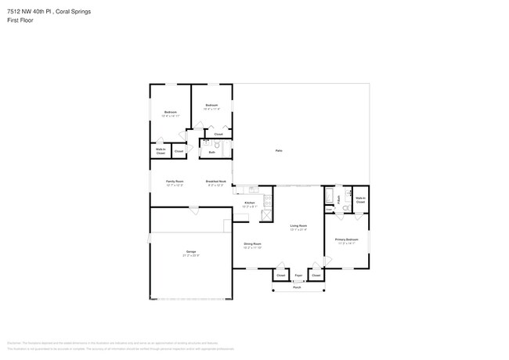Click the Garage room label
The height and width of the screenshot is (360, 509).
[191, 251]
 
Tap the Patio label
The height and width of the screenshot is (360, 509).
[279, 150]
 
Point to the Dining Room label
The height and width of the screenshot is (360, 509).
[252, 243]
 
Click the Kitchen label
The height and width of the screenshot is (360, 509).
[250, 203]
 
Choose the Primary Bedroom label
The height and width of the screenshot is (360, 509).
[347, 239]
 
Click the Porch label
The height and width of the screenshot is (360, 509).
[298, 287]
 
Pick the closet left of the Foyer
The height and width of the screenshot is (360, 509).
[280, 275]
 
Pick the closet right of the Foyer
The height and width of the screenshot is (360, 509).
[316, 275]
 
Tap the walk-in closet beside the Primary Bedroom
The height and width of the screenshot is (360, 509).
[360, 200]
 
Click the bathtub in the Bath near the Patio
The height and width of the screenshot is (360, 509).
[330, 195]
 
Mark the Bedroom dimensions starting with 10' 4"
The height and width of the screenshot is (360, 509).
[211, 109]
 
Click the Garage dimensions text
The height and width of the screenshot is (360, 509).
[191, 256]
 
